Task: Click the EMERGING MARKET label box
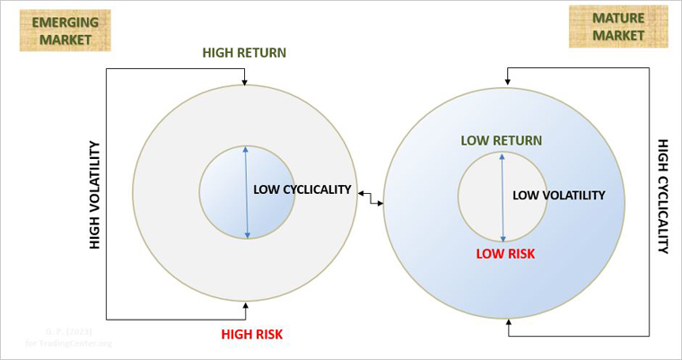(65, 30)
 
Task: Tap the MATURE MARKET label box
(618, 26)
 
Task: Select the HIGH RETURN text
(244, 52)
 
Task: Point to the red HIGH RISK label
(252, 335)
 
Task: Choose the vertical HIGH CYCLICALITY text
(663, 196)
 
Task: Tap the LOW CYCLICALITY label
(302, 189)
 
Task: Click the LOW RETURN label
(502, 140)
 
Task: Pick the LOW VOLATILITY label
(558, 195)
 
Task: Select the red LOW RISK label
(505, 254)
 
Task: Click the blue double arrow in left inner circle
(246, 192)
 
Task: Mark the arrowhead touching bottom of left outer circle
(245, 306)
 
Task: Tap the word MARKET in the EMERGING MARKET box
(65, 40)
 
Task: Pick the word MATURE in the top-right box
(618, 17)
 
